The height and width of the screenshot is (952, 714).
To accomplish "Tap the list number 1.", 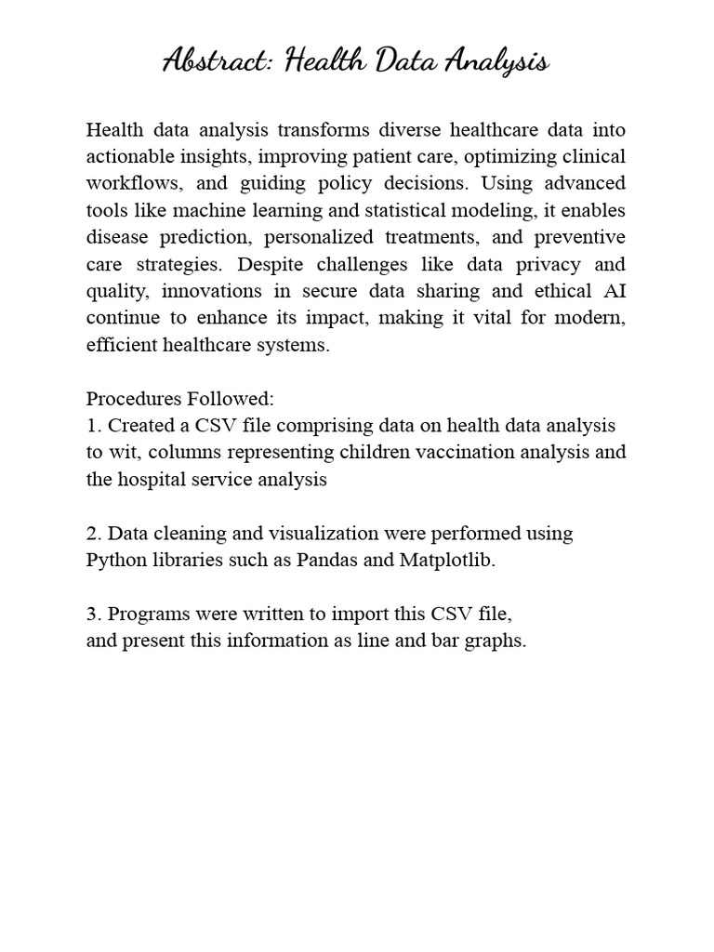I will tap(93, 426).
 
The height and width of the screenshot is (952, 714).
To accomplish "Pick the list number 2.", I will tap(93, 534).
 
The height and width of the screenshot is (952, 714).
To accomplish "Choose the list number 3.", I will tap(93, 615).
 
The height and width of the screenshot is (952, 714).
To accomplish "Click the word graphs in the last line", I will tap(496, 641).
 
